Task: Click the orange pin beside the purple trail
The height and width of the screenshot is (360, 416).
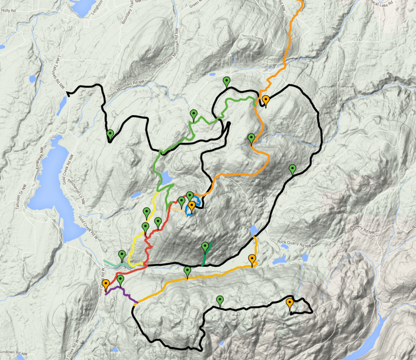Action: (x=105, y=284)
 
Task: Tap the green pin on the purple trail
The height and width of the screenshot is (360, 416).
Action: (x=120, y=280)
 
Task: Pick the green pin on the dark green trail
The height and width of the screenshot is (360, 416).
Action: (x=205, y=247)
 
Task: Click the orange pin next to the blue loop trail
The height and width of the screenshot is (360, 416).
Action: (x=191, y=206)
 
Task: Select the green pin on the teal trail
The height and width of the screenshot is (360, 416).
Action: (x=122, y=254)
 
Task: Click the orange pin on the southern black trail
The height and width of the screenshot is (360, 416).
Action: (x=289, y=303)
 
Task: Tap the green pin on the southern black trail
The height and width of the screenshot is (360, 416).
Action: (x=219, y=300)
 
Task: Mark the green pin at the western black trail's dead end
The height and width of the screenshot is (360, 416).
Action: (x=110, y=134)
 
